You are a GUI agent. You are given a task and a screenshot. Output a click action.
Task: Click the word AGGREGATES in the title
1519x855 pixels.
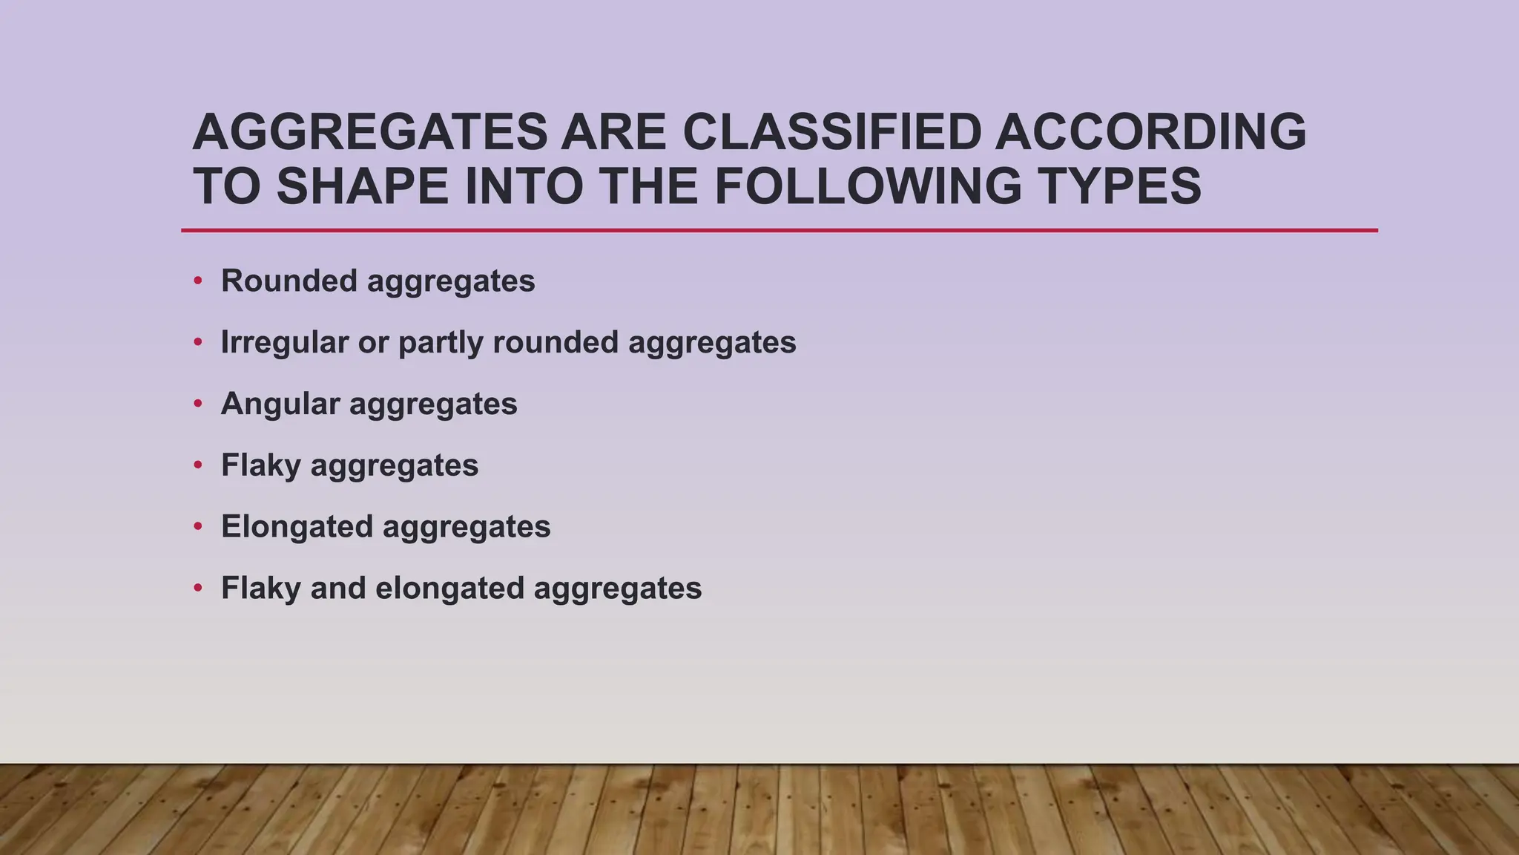[369, 132]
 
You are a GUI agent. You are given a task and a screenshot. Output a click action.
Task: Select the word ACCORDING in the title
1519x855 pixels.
[1150, 132]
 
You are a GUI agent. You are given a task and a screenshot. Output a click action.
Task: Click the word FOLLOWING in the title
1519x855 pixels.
[868, 186]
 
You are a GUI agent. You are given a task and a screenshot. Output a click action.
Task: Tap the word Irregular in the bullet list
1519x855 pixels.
[285, 342]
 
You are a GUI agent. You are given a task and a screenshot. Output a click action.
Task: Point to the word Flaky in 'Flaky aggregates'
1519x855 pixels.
[261, 466]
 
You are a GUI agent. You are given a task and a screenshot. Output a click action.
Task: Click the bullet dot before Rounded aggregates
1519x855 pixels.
[197, 281]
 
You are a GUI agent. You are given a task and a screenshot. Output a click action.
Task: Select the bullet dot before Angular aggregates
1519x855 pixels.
[197, 404]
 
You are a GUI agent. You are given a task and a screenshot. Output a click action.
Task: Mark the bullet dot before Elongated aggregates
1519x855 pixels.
[197, 526]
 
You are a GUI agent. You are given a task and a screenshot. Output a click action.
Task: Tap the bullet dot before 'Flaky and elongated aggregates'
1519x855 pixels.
[197, 588]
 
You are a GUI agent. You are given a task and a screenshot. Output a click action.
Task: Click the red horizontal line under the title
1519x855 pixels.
[779, 231]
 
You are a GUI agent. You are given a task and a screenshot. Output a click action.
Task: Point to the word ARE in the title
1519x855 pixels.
[613, 132]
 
